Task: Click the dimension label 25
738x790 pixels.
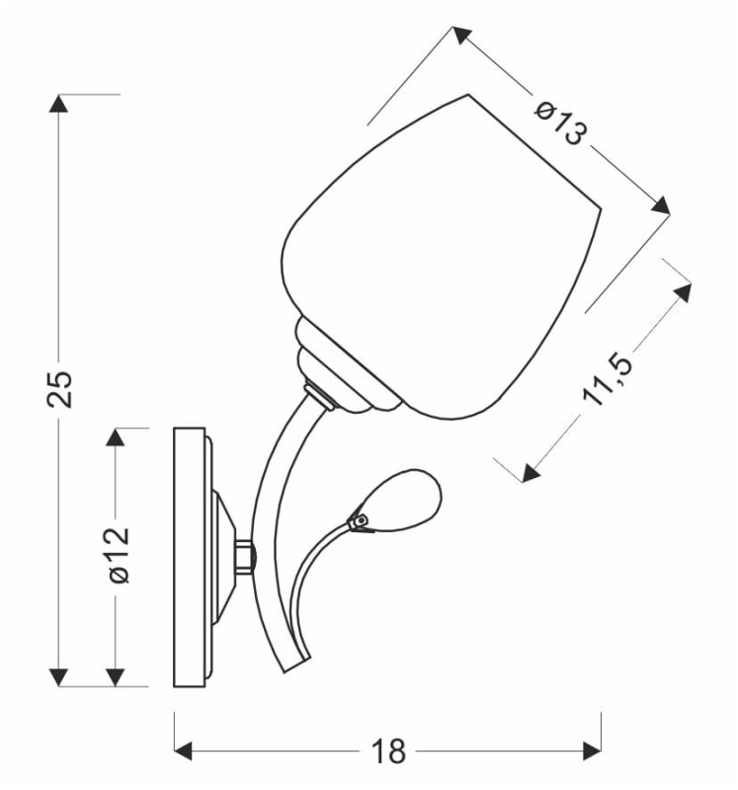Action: click(x=60, y=389)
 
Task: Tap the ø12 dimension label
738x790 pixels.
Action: click(x=120, y=555)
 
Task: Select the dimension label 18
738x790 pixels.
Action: click(x=388, y=751)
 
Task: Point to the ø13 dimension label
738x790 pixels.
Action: click(x=560, y=122)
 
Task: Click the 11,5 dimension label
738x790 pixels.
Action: click(x=607, y=380)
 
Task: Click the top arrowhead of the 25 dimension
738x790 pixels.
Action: click(x=58, y=104)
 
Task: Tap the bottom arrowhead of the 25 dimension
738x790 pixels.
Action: click(x=58, y=676)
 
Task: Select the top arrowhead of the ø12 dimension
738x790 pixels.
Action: click(x=116, y=436)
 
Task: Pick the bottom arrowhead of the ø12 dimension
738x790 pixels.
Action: click(x=116, y=676)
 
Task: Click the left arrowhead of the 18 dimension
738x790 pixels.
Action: click(x=183, y=750)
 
